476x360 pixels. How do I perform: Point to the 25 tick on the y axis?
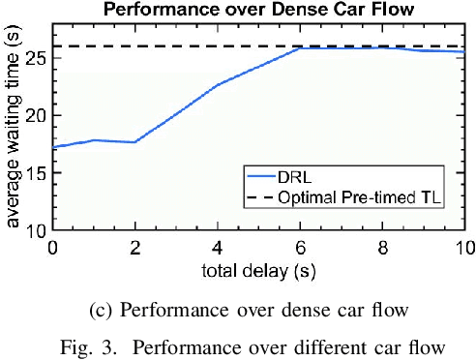coord(36,57)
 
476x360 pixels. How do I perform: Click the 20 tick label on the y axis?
coord(36,115)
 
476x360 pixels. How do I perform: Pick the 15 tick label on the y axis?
coord(36,173)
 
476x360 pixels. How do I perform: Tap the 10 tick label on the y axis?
coord(36,231)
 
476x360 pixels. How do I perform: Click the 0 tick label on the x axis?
coord(52,247)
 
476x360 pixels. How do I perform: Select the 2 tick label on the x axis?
coord(135,247)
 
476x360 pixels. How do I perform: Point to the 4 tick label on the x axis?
coord(219,247)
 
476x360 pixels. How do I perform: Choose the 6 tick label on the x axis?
coord(301,247)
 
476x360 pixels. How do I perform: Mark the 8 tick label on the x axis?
coord(384,247)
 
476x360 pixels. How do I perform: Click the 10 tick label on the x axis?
coord(464,247)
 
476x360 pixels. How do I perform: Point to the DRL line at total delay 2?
coord(135,142)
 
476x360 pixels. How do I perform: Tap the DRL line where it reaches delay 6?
coord(301,48)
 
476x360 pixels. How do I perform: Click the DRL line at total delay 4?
coord(219,85)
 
